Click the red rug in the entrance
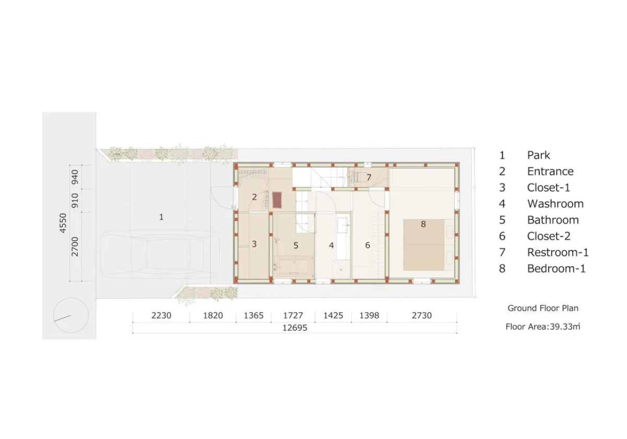pyautogui.click(x=277, y=200)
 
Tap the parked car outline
pyautogui.click(x=159, y=254)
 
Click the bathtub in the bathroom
pyautogui.click(x=294, y=266)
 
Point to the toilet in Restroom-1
pyautogui.click(x=359, y=177)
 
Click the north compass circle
pyautogui.click(x=71, y=315)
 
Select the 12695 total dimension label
pyautogui.click(x=295, y=328)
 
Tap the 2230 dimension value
pyautogui.click(x=161, y=316)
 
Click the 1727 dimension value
pyautogui.click(x=293, y=316)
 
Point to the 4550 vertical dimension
pyautogui.click(x=63, y=223)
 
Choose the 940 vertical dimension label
pyautogui.click(x=75, y=177)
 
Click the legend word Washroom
pyautogui.click(x=555, y=203)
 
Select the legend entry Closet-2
pyautogui.click(x=535, y=236)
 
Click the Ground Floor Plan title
pyautogui.click(x=543, y=308)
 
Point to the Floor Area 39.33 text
pyautogui.click(x=543, y=327)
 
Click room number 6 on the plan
pyautogui.click(x=367, y=245)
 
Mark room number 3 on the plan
pyautogui.click(x=254, y=244)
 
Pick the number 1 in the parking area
pyautogui.click(x=161, y=217)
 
